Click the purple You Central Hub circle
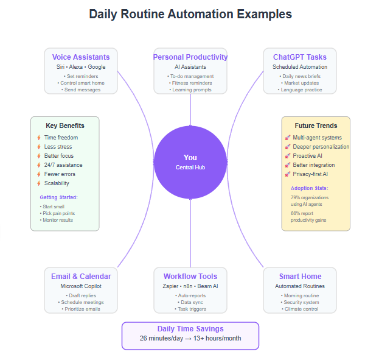tap(190, 162)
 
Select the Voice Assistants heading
tap(81, 57)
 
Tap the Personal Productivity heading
tap(190, 57)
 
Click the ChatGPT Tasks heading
tap(300, 57)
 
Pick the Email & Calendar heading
tap(81, 277)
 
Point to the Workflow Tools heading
tap(190, 277)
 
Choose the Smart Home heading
tap(300, 277)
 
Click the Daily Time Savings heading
tap(190, 329)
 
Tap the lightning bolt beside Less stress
tap(39, 147)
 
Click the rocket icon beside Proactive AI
tap(287, 156)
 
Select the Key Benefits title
tap(65, 125)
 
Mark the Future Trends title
tap(316, 125)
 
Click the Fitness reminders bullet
tap(190, 83)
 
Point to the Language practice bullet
tap(300, 90)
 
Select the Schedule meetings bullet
tap(81, 302)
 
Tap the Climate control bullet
tap(300, 309)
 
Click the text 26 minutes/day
tap(161, 338)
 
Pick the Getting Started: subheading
tap(59, 197)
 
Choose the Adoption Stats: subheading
tap(310, 188)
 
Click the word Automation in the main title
tap(200, 14)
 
